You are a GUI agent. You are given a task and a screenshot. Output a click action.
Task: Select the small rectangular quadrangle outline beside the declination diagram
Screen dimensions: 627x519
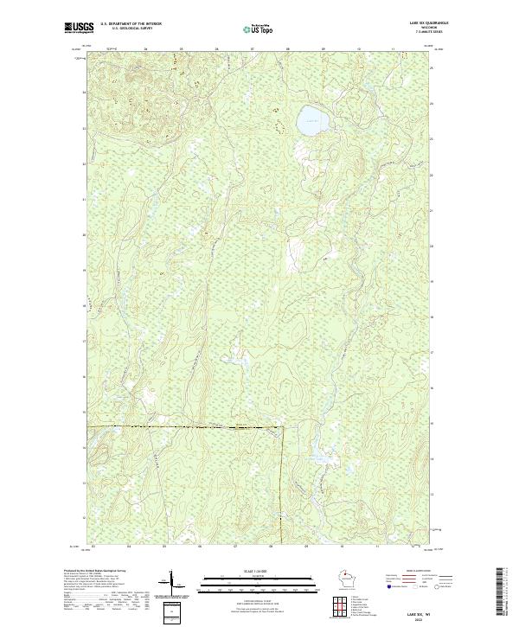click(170, 612)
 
